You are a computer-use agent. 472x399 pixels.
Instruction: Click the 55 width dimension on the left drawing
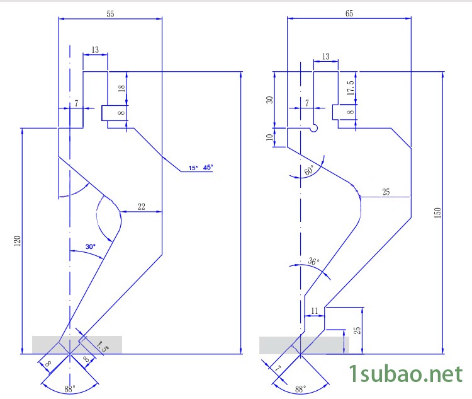[110, 13]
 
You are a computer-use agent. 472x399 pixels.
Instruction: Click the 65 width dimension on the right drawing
[349, 13]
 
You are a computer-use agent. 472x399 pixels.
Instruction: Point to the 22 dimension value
[141, 206]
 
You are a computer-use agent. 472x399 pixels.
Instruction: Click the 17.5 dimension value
[350, 86]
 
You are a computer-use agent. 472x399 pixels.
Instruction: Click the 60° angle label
[309, 171]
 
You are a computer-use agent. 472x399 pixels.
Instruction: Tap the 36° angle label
[313, 262]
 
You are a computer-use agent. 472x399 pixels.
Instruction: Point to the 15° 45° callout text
[201, 168]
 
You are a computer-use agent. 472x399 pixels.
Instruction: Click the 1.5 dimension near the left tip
[103, 345]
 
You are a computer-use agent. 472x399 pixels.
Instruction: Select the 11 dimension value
[315, 311]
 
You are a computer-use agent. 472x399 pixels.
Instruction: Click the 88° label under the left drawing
[69, 389]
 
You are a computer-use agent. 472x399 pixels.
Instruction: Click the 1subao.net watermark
[406, 374]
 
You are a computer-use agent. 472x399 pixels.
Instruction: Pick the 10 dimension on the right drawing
[270, 138]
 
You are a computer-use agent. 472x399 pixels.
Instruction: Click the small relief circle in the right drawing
[314, 128]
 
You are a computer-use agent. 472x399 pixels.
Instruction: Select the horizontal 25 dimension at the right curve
[386, 191]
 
